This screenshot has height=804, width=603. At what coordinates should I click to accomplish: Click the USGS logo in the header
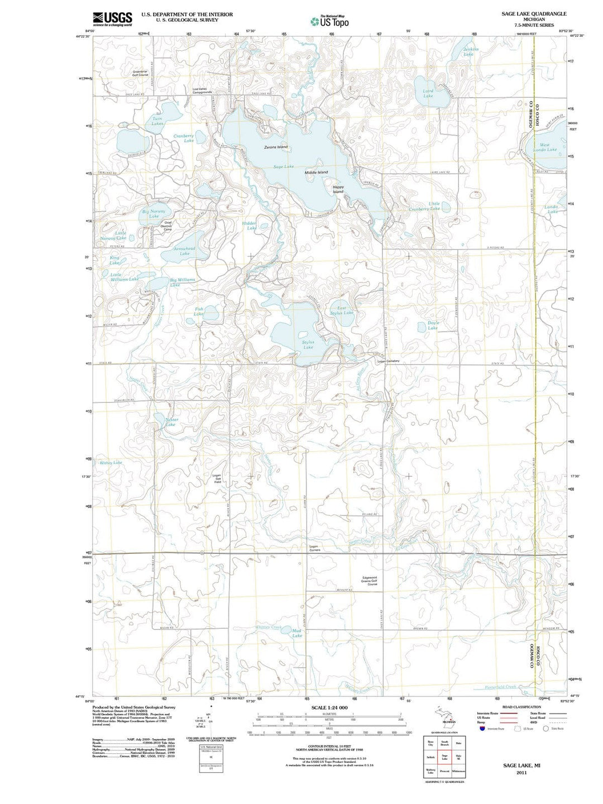point(113,19)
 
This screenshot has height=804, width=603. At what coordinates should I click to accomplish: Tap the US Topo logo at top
point(330,21)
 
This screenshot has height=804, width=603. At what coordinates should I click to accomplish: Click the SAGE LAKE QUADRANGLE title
point(534,13)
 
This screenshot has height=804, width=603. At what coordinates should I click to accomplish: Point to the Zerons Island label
point(276,147)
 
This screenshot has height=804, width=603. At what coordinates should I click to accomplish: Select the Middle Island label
point(316,173)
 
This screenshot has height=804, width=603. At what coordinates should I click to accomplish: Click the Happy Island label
point(338,189)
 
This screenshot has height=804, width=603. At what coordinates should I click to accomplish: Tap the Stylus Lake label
point(308,344)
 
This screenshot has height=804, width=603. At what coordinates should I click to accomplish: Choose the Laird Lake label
point(428,93)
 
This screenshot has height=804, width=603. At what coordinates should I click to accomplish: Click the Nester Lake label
point(171,422)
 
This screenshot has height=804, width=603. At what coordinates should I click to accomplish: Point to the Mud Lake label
point(297,633)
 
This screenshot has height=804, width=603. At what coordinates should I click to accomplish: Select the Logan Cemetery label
point(389,361)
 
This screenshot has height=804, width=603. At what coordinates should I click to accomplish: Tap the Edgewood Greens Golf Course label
point(370,581)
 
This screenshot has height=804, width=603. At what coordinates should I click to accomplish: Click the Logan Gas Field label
point(218,478)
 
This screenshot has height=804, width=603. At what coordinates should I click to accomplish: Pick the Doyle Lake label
point(433,325)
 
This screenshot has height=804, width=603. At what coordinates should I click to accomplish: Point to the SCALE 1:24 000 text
point(329,707)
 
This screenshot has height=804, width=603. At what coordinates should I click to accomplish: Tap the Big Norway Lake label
point(154,214)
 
